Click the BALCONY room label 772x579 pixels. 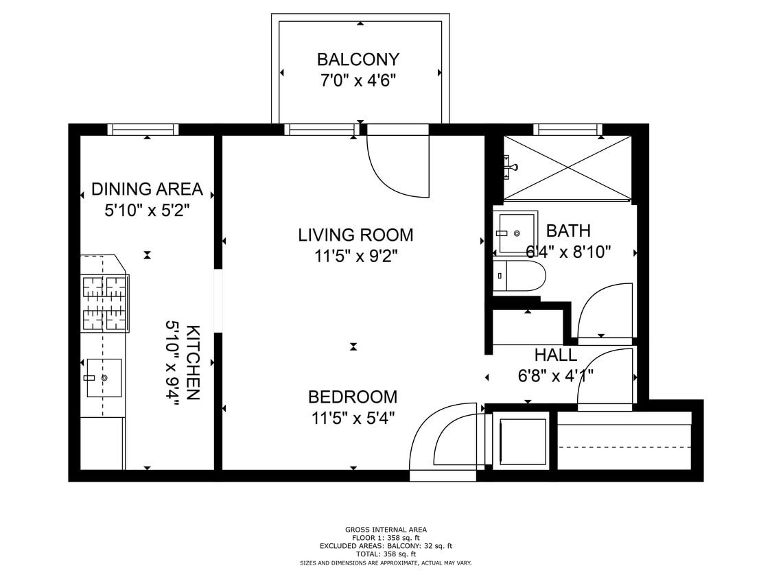pos(358,60)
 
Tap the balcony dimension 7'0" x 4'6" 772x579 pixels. pos(358,80)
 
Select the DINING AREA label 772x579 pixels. pos(148,189)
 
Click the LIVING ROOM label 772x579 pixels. pos(355,235)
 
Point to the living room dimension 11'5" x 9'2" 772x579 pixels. pos(355,256)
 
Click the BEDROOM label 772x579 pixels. pos(353,397)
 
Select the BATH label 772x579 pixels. pos(568,231)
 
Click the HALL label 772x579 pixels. pos(555,355)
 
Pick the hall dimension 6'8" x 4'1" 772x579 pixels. pos(555,376)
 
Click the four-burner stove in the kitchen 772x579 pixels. pos(105,303)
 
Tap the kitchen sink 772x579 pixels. pos(104,377)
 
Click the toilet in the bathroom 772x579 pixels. pos(519,276)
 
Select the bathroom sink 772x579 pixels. pos(515,233)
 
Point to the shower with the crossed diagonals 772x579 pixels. pos(568,168)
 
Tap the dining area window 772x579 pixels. pos(143,130)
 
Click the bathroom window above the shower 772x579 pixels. pos(568,130)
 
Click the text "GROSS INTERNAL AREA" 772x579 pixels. pos(386,530)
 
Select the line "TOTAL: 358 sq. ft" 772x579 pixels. pos(386,554)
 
